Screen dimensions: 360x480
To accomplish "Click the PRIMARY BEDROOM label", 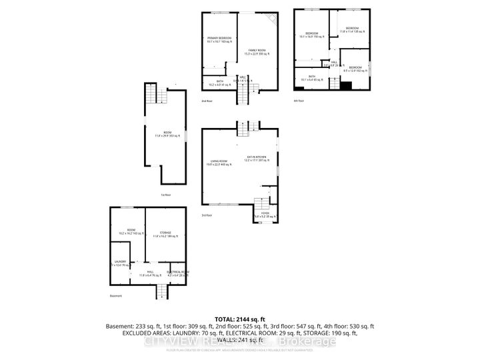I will [219, 38].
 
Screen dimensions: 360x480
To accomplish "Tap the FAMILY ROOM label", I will [257, 51].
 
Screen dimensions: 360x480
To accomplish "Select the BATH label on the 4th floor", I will [311, 77].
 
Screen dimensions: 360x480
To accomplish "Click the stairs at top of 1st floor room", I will [153, 96].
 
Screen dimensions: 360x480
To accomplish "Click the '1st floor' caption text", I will [165, 195].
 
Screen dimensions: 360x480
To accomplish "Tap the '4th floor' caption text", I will [299, 101].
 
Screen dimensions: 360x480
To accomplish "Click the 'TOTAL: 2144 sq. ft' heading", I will [240, 319].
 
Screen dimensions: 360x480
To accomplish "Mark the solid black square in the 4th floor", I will [345, 85].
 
